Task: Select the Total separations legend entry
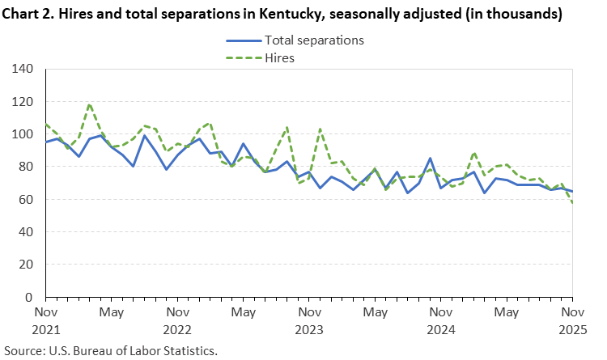point(313,40)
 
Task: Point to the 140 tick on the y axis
point(23,69)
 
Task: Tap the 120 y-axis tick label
point(23,101)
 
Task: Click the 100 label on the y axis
point(23,134)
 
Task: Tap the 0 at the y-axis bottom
point(29,297)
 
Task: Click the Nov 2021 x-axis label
point(46,320)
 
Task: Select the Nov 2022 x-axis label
point(177,320)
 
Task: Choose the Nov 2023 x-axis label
point(308,320)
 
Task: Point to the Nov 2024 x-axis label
point(440,320)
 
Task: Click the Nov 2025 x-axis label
point(571,320)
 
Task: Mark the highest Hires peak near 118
point(89,104)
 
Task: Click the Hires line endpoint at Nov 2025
point(571,202)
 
